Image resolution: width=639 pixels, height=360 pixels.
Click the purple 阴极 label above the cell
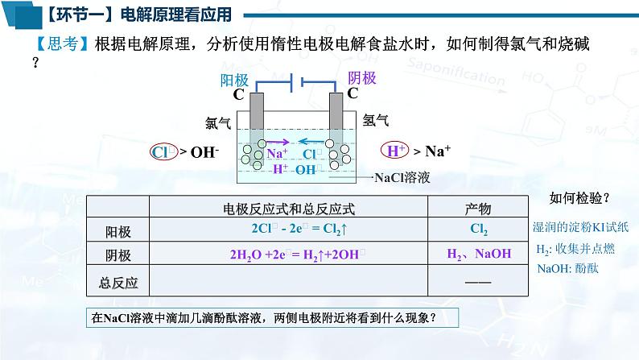pyautogui.click(x=362, y=78)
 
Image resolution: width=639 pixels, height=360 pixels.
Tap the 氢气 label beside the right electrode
pyautogui.click(x=376, y=121)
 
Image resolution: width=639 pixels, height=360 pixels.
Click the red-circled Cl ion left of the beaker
pyautogui.click(x=163, y=151)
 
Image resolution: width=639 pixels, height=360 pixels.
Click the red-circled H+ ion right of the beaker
pyautogui.click(x=395, y=151)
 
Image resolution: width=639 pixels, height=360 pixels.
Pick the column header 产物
pyautogui.click(x=478, y=209)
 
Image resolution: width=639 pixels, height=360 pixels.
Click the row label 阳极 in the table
pyautogui.click(x=118, y=232)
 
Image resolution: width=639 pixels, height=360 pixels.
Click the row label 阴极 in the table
pyautogui.click(x=118, y=255)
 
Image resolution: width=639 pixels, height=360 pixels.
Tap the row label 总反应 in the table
pyautogui.click(x=118, y=283)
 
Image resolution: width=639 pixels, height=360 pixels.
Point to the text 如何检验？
pyautogui.click(x=579, y=197)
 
